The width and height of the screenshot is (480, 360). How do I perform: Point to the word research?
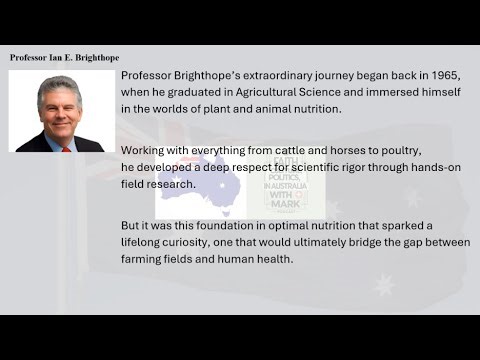click(x=165, y=183)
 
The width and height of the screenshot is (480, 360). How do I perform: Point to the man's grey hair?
click(x=58, y=87)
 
